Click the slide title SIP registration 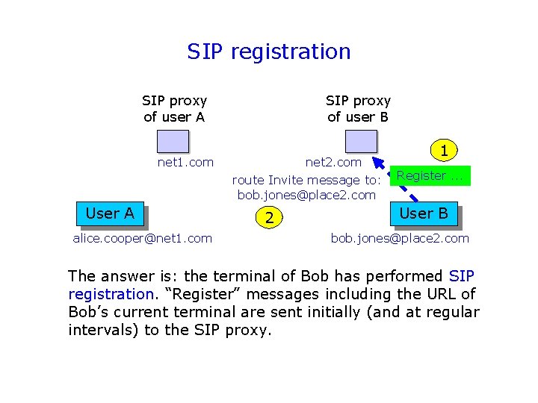(269, 51)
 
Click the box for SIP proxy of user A (173, 142)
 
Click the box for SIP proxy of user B (362, 142)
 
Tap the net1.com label (185, 162)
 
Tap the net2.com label (333, 162)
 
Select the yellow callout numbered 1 (444, 151)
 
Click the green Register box (430, 176)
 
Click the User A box (110, 213)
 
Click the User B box (423, 213)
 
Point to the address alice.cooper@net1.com (142, 238)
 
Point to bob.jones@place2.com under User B (400, 238)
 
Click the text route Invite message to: (306, 180)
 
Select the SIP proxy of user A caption (174, 108)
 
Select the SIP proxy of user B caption (358, 108)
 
